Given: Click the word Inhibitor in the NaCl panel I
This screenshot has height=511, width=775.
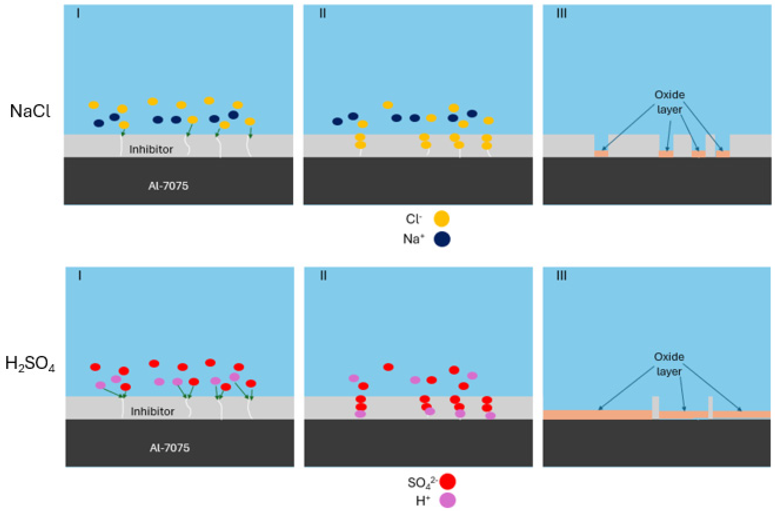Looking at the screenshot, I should pyautogui.click(x=151, y=149).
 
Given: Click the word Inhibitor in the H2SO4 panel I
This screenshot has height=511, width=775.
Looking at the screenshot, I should pyautogui.click(x=152, y=412).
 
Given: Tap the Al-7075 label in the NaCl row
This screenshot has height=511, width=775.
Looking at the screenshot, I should pyautogui.click(x=168, y=186).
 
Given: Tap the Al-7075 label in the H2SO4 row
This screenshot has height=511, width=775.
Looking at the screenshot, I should pyautogui.click(x=169, y=448).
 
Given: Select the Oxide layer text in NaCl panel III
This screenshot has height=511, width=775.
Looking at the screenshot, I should pyautogui.click(x=669, y=102).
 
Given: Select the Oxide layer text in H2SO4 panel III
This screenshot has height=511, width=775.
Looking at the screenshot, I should pyautogui.click(x=669, y=364).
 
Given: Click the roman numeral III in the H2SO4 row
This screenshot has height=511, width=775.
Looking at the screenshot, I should pyautogui.click(x=561, y=276).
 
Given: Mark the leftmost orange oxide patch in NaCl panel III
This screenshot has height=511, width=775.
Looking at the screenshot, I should pyautogui.click(x=601, y=154).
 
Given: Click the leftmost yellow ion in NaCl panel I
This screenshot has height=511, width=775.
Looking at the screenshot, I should pyautogui.click(x=94, y=105).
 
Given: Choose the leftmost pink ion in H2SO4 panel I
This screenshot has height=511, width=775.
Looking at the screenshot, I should pyautogui.click(x=100, y=385).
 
